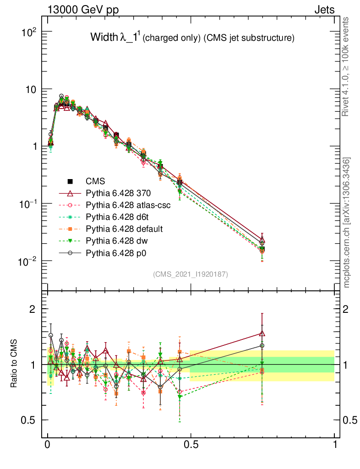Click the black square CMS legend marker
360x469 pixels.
[x=71, y=181]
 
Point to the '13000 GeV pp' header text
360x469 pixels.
[x=82, y=10]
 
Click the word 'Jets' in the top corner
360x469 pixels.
[x=324, y=10]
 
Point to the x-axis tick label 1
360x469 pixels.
[x=335, y=445]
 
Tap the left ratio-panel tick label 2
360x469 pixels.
[x=33, y=309]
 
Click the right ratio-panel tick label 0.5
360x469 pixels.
[x=349, y=420]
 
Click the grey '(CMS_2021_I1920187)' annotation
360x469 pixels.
[x=191, y=274]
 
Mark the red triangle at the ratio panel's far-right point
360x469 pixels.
[x=262, y=333]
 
